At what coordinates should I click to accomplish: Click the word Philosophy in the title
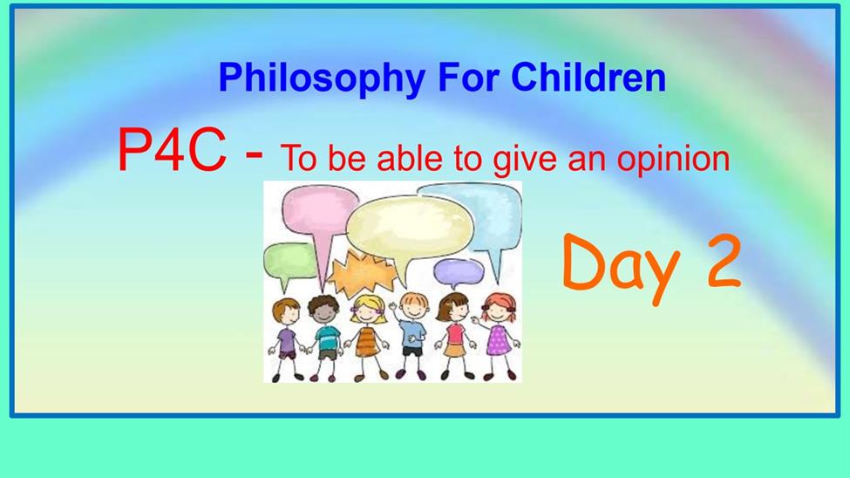(x=322, y=79)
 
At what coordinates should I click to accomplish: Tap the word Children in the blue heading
(x=588, y=77)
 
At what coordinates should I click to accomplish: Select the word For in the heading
(x=468, y=77)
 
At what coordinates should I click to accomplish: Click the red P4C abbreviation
(x=171, y=150)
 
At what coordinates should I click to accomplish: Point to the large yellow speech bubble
(x=410, y=228)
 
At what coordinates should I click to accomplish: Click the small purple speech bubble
(x=458, y=272)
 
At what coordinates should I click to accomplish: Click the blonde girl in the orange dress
(x=369, y=338)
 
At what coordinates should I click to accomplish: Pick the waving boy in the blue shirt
(x=412, y=335)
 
